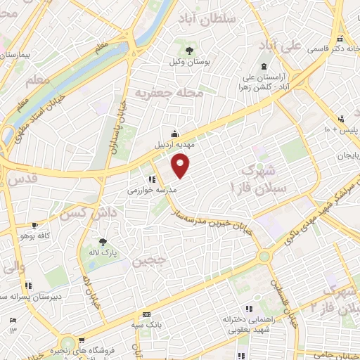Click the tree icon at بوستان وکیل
point(191,49)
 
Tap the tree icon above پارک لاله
point(103,239)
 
